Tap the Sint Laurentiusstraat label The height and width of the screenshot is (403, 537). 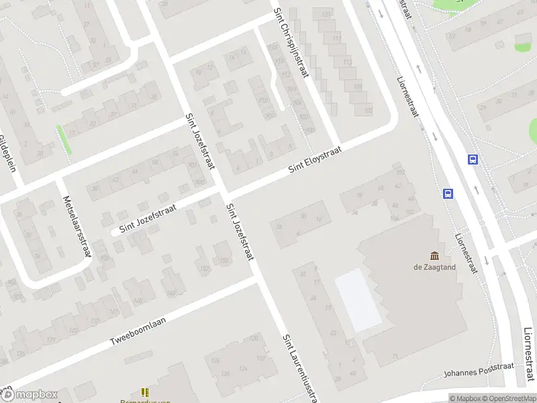299,366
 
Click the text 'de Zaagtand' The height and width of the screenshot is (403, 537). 434,267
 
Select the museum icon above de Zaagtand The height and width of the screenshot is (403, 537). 434,255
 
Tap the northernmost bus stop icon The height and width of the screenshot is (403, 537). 473,160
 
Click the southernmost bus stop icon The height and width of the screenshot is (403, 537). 448,194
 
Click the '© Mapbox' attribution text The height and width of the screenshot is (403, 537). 465,398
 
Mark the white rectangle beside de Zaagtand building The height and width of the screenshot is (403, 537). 358,300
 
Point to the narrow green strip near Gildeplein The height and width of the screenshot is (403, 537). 64,140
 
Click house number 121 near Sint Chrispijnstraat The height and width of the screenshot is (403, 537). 327,14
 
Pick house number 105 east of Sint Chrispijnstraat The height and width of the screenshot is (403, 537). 367,111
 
